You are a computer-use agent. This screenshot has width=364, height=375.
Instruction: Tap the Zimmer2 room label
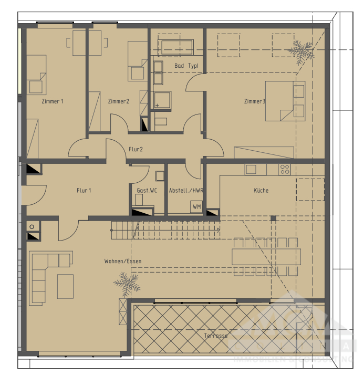pos(118,101)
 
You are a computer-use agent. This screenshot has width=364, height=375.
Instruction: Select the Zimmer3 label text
pos(254,101)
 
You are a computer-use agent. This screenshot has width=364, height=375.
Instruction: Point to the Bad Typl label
pos(186,66)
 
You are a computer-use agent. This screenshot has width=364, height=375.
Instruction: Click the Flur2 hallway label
pos(136,149)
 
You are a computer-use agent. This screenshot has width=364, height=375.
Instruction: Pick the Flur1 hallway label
pos(84,191)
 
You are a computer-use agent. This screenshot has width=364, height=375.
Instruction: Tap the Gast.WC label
pos(147,191)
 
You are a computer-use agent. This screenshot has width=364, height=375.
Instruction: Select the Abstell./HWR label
pos(185,191)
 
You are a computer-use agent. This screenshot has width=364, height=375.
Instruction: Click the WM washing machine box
pos(196,207)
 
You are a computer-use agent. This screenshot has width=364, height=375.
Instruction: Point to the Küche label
pos(261,191)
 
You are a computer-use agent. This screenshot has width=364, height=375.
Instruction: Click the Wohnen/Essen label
pos(123,261)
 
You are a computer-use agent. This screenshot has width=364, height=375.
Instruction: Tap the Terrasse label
pos(216,335)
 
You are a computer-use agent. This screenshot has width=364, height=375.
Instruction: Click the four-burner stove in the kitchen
pos(285,169)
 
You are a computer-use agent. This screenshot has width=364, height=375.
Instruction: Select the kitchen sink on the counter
pos(251,169)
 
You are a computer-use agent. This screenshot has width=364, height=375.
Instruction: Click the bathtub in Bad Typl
pos(176,46)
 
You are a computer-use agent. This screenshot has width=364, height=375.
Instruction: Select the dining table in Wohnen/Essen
pos(266,257)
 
